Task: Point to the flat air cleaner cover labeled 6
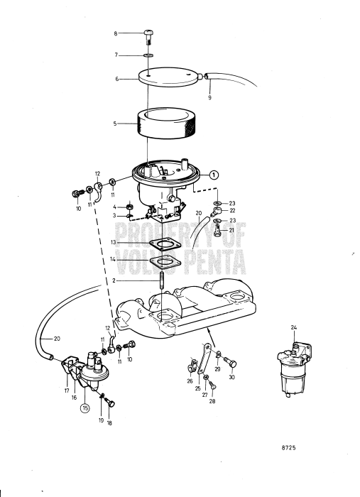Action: pos(170,80)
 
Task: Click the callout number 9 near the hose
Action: pos(209,97)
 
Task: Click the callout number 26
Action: pos(190,381)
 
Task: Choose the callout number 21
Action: pos(232,231)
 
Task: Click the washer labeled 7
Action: pos(148,55)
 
